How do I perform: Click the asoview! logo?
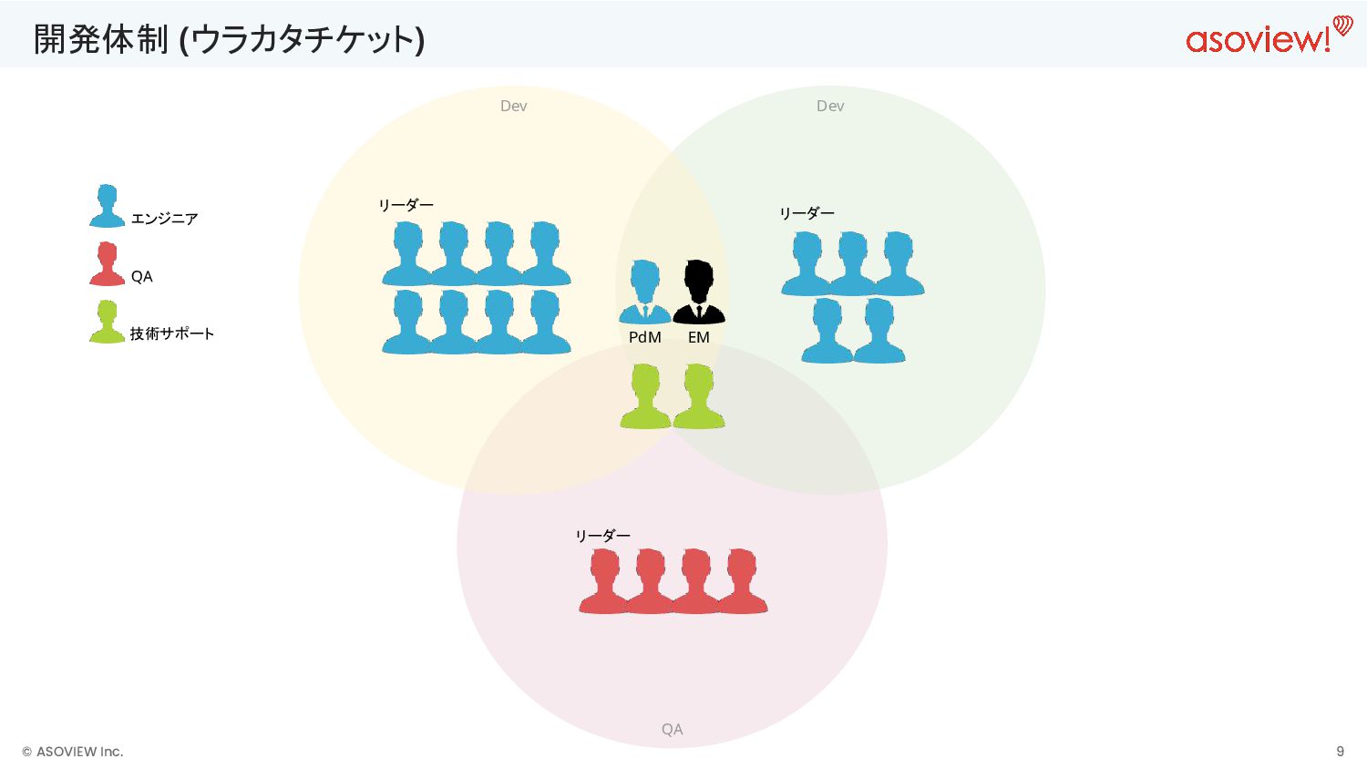click(1268, 36)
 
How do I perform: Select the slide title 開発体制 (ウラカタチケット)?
click(229, 39)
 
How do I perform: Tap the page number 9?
click(1340, 751)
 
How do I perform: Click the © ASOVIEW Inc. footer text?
click(73, 752)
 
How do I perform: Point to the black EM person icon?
click(699, 292)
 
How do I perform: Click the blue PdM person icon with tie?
click(645, 292)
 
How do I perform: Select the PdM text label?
click(644, 337)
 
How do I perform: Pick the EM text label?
click(699, 337)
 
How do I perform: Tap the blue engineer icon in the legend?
click(107, 207)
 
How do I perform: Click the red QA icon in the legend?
click(107, 264)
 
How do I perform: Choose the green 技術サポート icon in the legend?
click(107, 322)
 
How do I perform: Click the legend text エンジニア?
click(164, 219)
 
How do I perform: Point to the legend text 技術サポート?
click(172, 333)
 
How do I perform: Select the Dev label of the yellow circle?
click(514, 106)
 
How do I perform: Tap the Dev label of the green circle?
click(830, 106)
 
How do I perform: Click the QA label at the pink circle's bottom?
click(672, 729)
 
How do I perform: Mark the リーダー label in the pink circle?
click(602, 536)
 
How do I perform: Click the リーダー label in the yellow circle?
click(406, 205)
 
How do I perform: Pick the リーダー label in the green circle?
click(807, 213)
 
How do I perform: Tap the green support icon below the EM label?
click(699, 396)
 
